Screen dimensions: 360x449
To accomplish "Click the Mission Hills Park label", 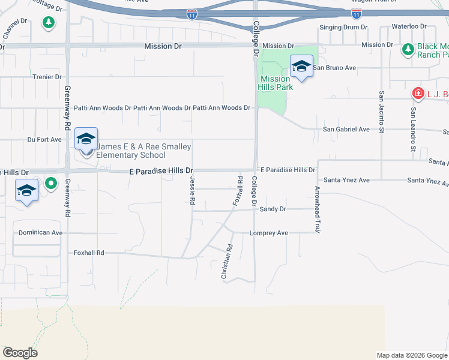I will click(x=276, y=83).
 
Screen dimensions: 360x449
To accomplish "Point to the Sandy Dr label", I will click(x=273, y=209).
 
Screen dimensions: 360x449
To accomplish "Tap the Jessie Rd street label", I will click(x=193, y=191).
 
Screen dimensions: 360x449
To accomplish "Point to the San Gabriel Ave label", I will click(x=346, y=129).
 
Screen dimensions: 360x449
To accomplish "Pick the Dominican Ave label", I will click(x=40, y=232).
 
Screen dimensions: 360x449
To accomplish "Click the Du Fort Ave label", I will click(x=44, y=139).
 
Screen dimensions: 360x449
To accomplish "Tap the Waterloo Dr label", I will click(x=408, y=27).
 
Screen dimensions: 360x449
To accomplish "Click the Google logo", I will click(x=20, y=353).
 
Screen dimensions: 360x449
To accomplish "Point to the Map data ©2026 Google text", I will click(x=412, y=355).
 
